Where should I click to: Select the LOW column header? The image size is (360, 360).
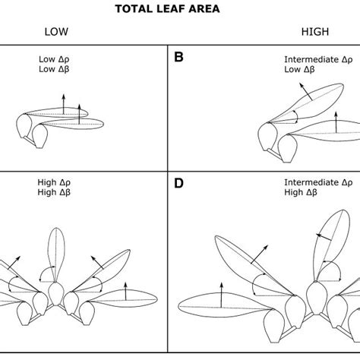tap(57, 32)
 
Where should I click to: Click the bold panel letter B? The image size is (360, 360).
tap(179, 56)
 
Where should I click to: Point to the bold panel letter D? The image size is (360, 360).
tap(179, 183)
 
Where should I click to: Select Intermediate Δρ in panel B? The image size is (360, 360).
tap(317, 58)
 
